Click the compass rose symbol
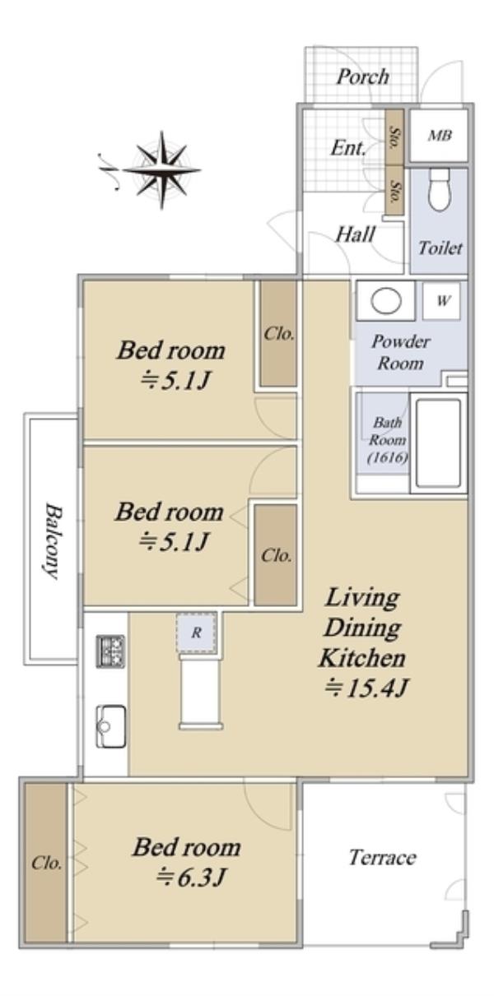(x=161, y=170)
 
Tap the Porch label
(x=363, y=76)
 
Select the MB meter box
(x=439, y=135)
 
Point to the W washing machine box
(x=441, y=301)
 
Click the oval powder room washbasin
(x=386, y=301)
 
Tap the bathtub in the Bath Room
(x=438, y=442)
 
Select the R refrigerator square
(x=197, y=632)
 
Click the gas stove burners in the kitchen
(x=111, y=651)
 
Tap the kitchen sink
(x=111, y=727)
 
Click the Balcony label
(x=53, y=540)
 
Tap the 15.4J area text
(x=366, y=688)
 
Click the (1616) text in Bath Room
(x=388, y=457)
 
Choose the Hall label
(x=355, y=234)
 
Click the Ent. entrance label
(x=348, y=148)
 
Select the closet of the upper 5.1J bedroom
(x=278, y=333)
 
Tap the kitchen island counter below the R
(x=201, y=692)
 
